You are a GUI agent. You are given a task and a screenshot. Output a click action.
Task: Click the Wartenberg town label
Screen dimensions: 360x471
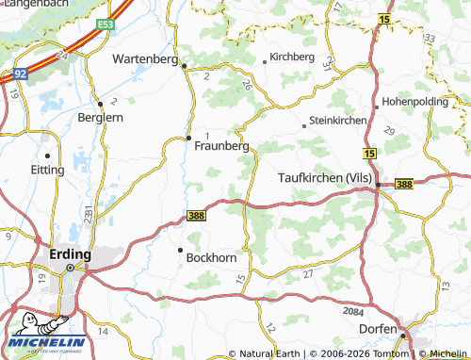144,58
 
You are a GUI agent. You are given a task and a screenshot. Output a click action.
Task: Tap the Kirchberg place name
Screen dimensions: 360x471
291,57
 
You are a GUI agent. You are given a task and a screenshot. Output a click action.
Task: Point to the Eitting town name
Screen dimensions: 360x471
47,170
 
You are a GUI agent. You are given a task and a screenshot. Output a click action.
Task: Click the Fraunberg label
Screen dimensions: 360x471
221,146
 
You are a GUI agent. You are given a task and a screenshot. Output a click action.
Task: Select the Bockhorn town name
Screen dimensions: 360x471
213,257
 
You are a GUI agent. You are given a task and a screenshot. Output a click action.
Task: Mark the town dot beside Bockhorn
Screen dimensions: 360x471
180,250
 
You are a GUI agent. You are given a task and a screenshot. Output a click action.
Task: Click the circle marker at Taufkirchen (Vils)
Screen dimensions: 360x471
378,185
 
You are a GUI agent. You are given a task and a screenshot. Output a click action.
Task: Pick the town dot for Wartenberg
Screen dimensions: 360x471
185,66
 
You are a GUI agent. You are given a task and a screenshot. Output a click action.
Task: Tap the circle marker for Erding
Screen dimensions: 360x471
70,268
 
